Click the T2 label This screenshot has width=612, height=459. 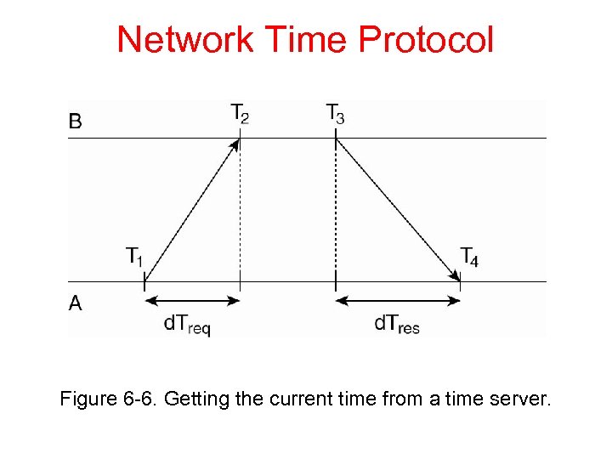(x=240, y=114)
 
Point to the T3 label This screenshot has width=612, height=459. (x=335, y=114)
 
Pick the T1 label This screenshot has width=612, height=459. (x=134, y=256)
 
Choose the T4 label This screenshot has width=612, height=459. (x=468, y=256)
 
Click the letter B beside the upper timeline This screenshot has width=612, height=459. (x=76, y=122)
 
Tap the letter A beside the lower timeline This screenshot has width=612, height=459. (x=76, y=303)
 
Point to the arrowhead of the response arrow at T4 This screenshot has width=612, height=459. (x=456, y=274)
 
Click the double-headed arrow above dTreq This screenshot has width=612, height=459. (x=192, y=300)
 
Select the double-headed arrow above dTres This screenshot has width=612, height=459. (x=398, y=300)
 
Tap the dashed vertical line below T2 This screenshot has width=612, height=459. (x=240, y=212)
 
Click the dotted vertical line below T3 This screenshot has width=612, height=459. (x=336, y=212)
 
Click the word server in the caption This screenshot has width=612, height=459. (x=521, y=398)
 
